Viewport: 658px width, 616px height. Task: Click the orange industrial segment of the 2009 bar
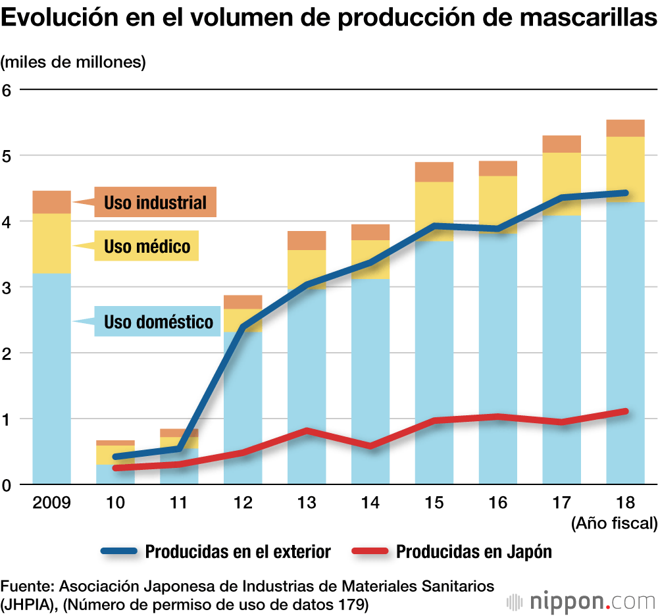tap(51, 202)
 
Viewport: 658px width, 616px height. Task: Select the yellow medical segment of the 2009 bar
tap(51, 243)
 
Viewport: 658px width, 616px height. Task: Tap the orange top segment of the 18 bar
tap(625, 128)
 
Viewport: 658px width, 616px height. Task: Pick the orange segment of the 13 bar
tap(306, 240)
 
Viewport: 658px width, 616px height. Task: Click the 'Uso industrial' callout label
tap(155, 202)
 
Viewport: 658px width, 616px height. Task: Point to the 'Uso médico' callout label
tap(147, 247)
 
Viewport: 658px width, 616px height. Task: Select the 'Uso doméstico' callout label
tap(158, 322)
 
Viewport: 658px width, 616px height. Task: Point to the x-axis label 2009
tap(51, 503)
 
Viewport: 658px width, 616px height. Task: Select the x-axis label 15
tap(434, 503)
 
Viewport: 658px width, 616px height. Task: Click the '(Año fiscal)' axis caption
tap(614, 524)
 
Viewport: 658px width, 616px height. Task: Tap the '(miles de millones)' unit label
tap(73, 63)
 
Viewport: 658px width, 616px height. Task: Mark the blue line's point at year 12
tap(243, 326)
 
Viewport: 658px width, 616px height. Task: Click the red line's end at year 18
tap(625, 411)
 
